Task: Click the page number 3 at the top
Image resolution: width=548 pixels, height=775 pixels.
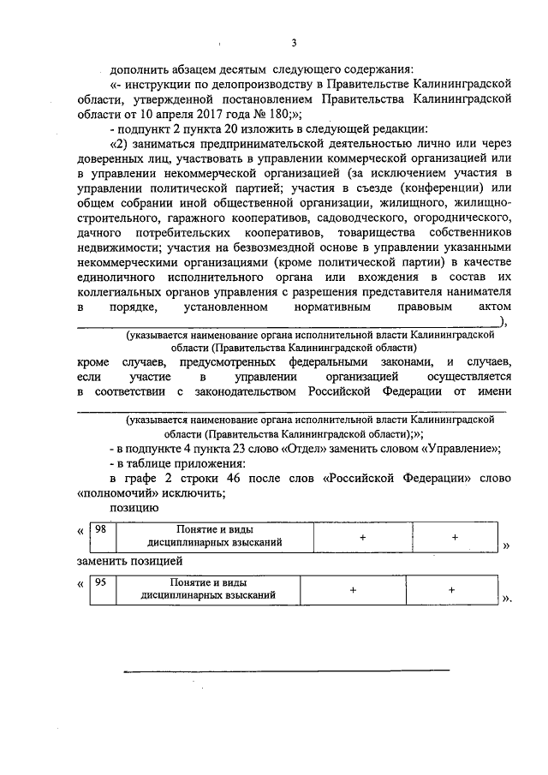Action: coord(293,43)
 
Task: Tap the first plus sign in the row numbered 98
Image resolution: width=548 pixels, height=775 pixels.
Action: coord(363,536)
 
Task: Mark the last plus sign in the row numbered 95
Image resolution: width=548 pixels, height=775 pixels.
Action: coord(450,590)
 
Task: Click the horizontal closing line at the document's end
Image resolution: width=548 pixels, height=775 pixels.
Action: coord(287,669)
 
